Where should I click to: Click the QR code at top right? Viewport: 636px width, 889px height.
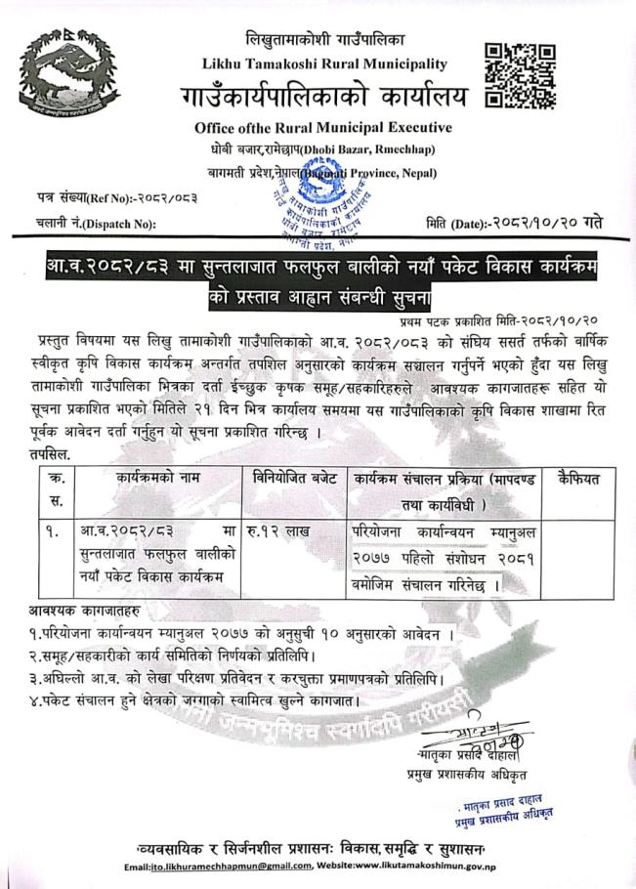click(520, 75)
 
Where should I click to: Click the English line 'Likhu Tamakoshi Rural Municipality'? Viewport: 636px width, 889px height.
click(323, 63)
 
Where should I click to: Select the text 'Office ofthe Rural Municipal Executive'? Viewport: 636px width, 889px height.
click(323, 127)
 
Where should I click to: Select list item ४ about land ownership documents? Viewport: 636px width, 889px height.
click(219, 700)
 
